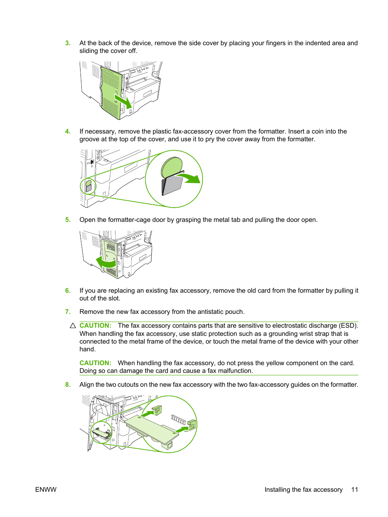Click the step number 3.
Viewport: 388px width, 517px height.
click(68, 43)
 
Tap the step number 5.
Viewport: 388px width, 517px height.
click(68, 220)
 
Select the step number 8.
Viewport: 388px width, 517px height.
click(68, 385)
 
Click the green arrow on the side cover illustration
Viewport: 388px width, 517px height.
click(124, 101)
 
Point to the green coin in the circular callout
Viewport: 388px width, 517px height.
click(172, 167)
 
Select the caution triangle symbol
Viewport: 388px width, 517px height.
click(73, 326)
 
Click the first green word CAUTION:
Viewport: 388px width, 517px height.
click(95, 326)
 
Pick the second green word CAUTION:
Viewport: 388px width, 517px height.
click(95, 363)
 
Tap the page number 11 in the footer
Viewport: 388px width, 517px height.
click(355, 490)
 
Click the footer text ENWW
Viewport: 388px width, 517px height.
click(46, 490)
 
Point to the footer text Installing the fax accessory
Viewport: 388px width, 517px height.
click(303, 490)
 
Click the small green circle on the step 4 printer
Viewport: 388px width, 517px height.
click(88, 186)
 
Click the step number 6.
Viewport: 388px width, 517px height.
click(68, 291)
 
